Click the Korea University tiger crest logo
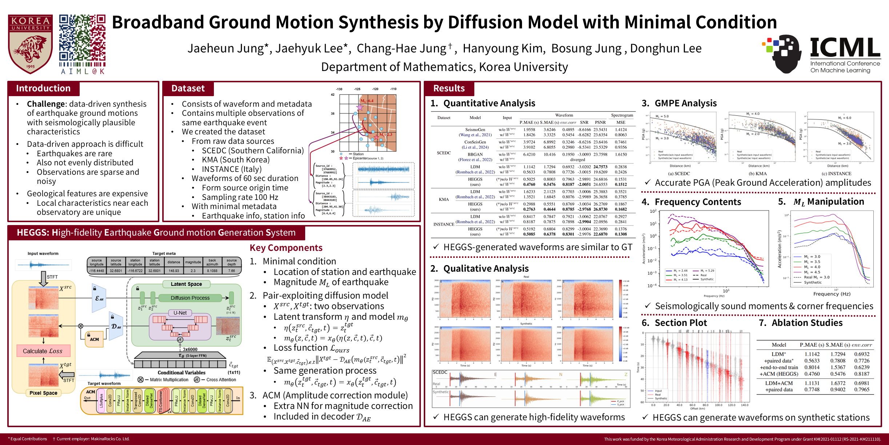[31, 44]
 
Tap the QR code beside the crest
[82, 38]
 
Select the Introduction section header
[43, 88]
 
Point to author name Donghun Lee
[666, 48]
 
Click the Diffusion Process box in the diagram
[190, 298]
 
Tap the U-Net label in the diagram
[180, 313]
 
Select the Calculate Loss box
[43, 351]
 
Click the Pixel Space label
[43, 393]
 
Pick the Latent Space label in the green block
[186, 284]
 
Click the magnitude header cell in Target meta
[193, 262]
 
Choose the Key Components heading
[286, 248]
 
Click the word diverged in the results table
[578, 160]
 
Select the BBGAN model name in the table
[475, 154]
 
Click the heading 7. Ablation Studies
[801, 323]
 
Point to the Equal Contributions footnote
[28, 439]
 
